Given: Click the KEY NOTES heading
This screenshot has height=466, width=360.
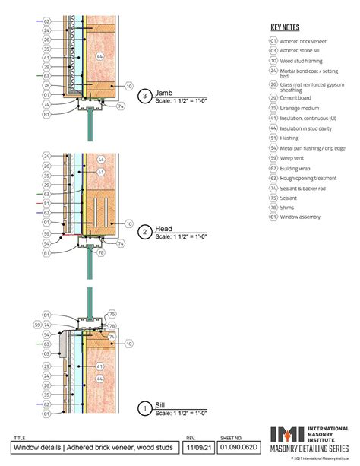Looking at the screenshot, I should tap(284, 26).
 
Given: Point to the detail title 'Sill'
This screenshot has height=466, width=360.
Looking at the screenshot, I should tap(160, 406).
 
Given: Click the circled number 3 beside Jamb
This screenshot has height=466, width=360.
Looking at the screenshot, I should tap(144, 97).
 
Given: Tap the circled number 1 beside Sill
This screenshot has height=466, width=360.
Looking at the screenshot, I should tap(144, 410).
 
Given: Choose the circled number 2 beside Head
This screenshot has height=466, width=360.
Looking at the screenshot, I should tap(144, 232).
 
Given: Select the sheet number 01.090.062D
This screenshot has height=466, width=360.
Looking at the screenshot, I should tap(238, 449).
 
